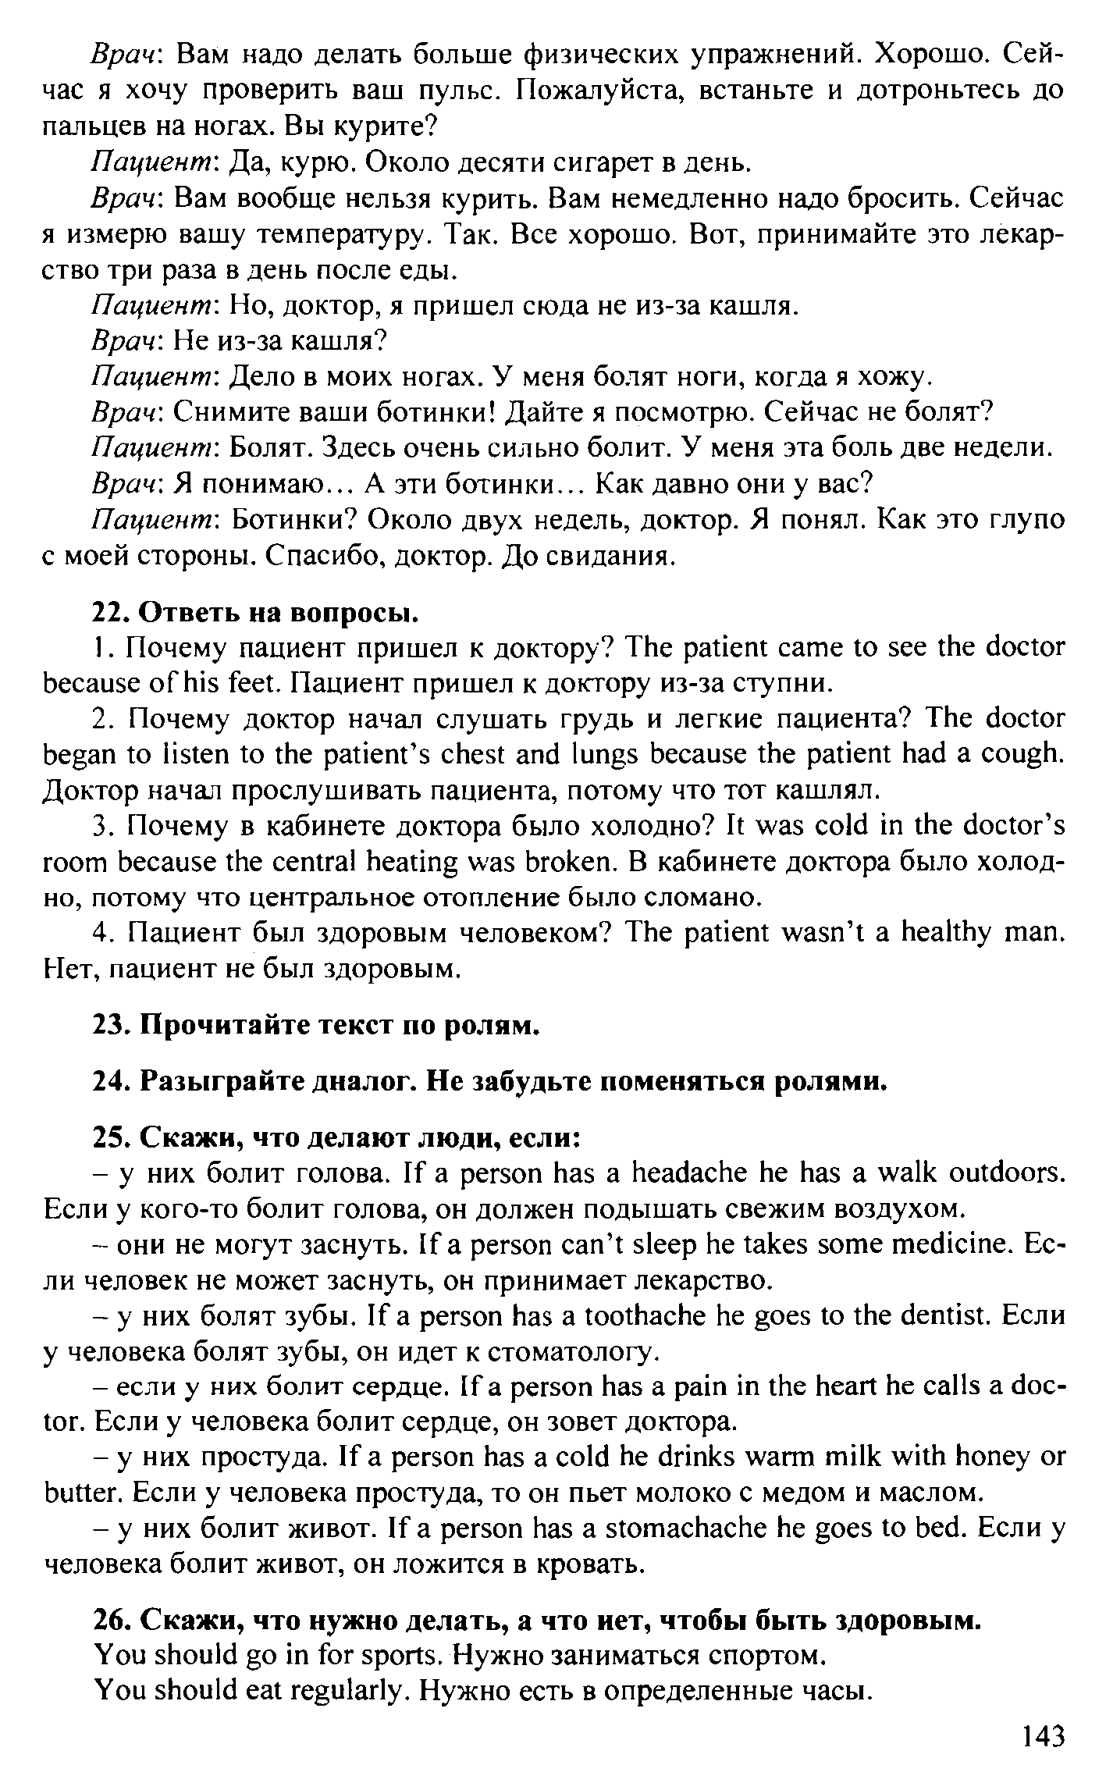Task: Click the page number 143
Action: point(1042,1735)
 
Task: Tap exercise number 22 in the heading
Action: point(110,613)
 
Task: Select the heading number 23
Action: point(110,1025)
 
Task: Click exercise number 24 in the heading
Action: point(110,1082)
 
